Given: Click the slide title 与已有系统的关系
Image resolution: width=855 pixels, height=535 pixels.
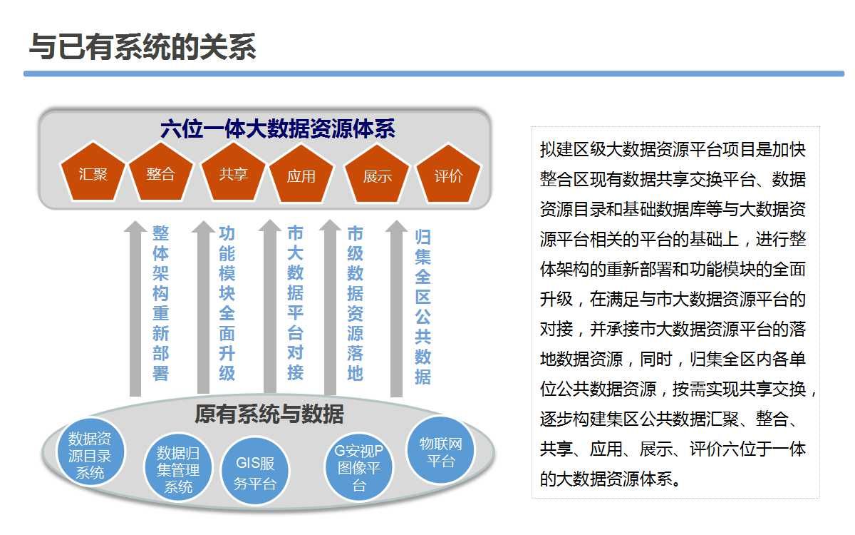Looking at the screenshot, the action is tap(142, 47).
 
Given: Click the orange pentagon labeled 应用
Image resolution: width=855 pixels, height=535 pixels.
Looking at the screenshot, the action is tap(301, 175).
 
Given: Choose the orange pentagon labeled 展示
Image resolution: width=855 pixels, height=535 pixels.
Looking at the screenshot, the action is tap(377, 175).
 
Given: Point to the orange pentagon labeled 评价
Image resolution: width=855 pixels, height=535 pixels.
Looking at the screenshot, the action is tap(448, 175).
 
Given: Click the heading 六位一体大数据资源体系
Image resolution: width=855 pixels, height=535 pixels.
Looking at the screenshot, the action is tap(278, 129).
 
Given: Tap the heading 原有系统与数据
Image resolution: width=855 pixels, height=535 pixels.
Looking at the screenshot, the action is tap(269, 414).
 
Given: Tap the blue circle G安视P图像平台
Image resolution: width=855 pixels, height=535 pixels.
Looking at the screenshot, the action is tap(359, 468).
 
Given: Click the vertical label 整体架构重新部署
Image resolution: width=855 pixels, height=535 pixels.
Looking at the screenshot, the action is tap(161, 303).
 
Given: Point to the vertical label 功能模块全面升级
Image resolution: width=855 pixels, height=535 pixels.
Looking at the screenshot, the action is tap(227, 303).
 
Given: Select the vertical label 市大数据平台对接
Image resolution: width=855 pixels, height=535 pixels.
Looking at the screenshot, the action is tap(295, 303).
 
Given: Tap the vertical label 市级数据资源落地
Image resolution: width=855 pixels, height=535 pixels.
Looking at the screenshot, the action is tap(355, 303).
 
